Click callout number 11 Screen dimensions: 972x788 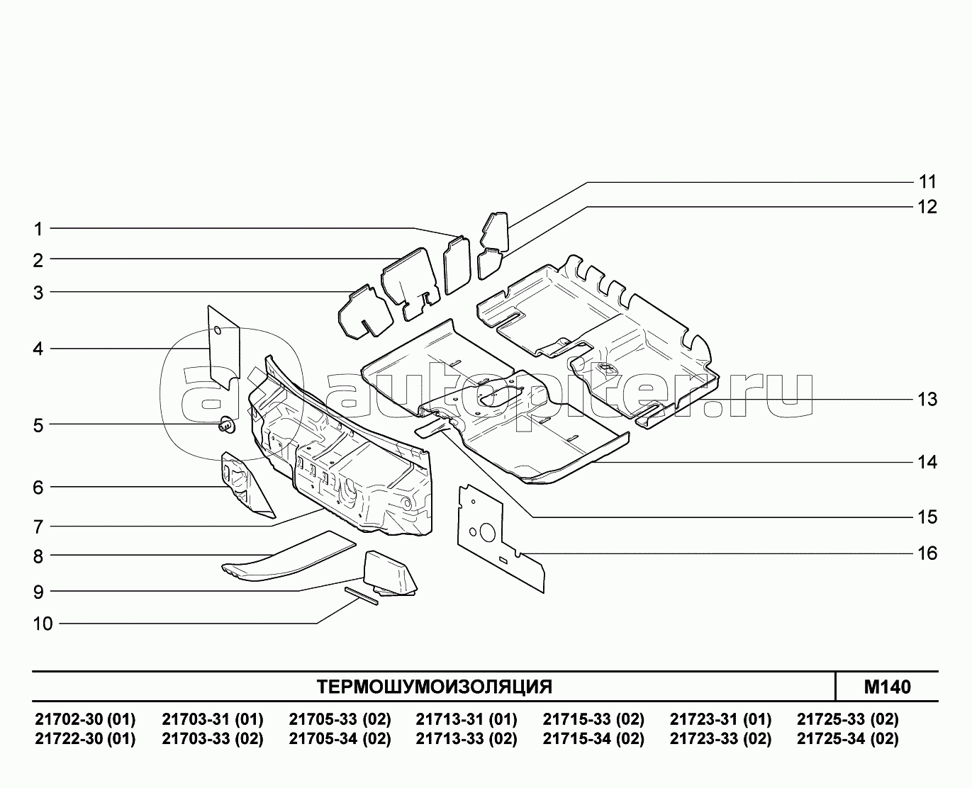(927, 182)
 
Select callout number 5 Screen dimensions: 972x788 (38, 425)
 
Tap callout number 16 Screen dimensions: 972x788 (927, 553)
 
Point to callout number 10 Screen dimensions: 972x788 (43, 624)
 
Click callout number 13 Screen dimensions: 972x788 (927, 400)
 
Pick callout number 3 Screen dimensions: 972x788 (38, 293)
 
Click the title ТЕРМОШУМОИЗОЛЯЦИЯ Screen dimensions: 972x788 (435, 687)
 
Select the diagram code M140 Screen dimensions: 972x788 (887, 687)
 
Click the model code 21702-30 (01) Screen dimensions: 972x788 (85, 719)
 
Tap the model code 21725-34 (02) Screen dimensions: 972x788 (848, 738)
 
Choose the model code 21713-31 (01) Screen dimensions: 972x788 (467, 719)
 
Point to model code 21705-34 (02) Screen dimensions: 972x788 (340, 738)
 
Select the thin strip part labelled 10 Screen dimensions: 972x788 (362, 596)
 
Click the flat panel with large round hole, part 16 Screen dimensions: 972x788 (501, 538)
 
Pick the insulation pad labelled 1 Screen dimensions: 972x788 (457, 265)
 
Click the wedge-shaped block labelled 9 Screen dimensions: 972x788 (390, 573)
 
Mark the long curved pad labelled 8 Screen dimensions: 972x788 (289, 557)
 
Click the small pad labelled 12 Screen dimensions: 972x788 (490, 263)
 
